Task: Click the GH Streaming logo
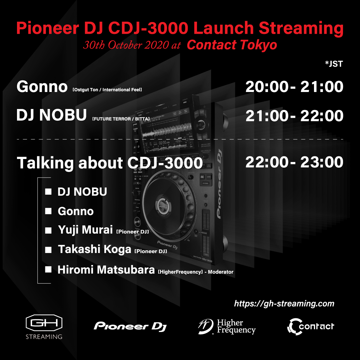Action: (x=44, y=326)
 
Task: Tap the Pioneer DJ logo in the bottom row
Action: (x=130, y=326)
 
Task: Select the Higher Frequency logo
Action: (x=227, y=326)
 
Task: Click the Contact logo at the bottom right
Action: (x=311, y=326)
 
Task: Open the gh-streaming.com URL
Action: (x=284, y=304)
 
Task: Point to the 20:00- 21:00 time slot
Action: (x=294, y=87)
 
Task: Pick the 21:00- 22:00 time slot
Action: (x=294, y=116)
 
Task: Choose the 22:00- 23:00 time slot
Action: (x=294, y=162)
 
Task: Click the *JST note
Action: (x=334, y=64)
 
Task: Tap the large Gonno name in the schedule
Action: (x=42, y=87)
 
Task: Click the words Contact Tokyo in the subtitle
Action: (x=232, y=45)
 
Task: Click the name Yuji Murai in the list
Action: (x=85, y=230)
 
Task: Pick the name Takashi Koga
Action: (x=94, y=249)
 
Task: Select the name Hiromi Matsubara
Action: (x=106, y=270)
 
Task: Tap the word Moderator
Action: (x=221, y=272)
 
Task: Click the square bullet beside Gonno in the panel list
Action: (x=48, y=211)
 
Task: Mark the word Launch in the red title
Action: (x=224, y=28)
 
